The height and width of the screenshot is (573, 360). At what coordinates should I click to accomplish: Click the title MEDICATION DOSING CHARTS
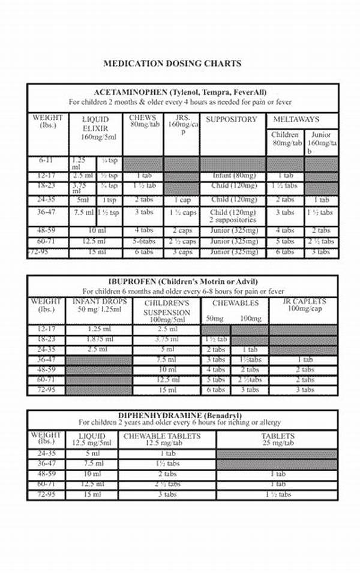click(x=172, y=63)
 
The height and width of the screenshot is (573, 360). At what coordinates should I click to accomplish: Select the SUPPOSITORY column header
click(x=231, y=119)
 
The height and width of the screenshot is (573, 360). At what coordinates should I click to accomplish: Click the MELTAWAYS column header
click(x=296, y=119)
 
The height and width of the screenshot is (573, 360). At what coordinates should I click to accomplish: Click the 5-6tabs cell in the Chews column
click(x=144, y=241)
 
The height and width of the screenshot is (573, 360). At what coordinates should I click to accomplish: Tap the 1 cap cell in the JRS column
click(x=182, y=200)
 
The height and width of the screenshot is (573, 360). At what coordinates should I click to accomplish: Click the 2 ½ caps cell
click(x=181, y=241)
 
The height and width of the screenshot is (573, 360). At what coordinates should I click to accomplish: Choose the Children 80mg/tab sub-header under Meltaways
click(x=285, y=139)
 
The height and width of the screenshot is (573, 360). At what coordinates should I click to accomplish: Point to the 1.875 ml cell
click(x=98, y=339)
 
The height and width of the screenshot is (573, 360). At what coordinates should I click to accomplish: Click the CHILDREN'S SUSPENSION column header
click(x=167, y=308)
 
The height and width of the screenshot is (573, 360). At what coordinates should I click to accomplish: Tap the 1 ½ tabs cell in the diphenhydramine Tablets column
click(x=277, y=494)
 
